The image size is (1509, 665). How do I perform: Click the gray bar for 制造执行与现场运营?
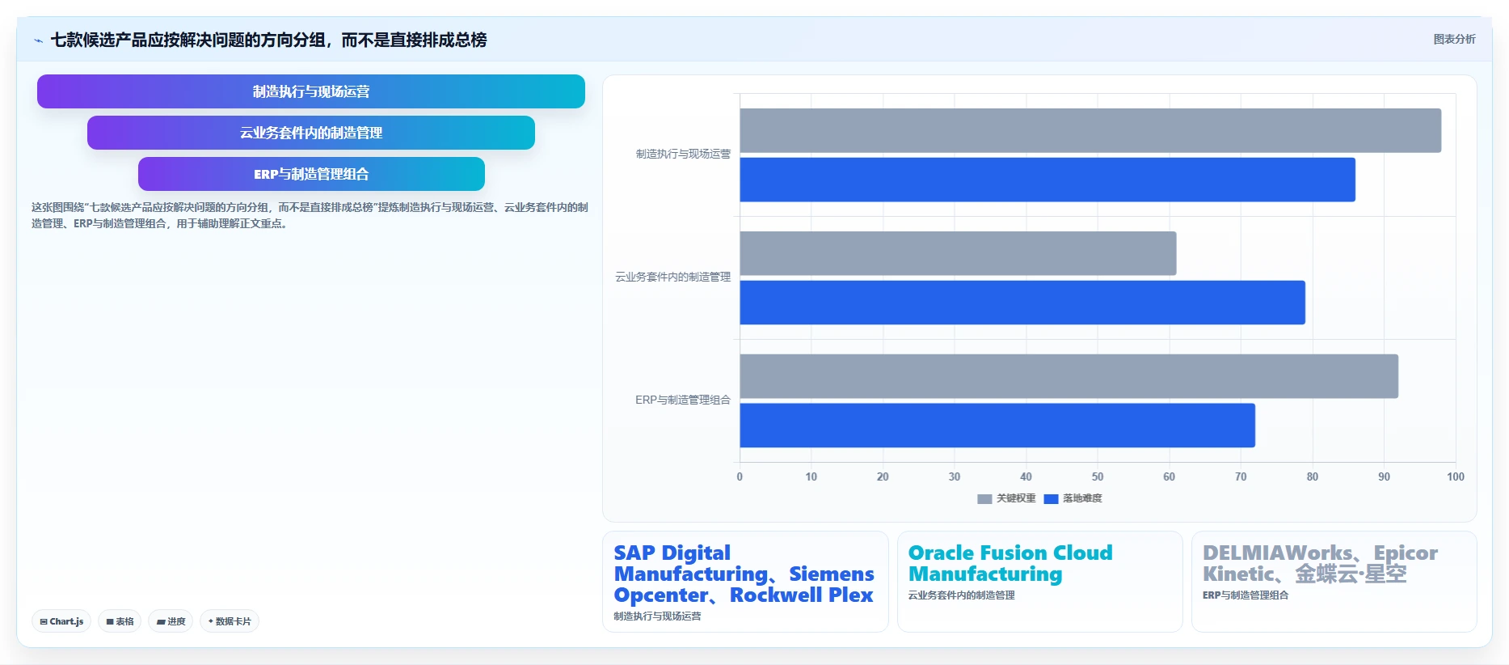[x=1090, y=130]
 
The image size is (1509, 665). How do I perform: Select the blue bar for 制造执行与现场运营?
[x=1047, y=180]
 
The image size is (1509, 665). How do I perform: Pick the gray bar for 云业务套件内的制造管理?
[x=958, y=253]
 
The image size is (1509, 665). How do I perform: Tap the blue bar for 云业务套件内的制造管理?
[x=1022, y=303]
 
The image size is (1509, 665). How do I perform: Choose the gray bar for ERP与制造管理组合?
[x=1069, y=376]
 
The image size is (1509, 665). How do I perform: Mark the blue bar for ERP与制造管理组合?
[x=997, y=426]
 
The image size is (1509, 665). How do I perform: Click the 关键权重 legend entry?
[x=1006, y=498]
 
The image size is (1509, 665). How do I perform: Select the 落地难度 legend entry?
[x=1073, y=498]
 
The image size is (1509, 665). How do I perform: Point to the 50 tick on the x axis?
[x=1098, y=477]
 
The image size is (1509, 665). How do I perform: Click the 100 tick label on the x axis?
[x=1456, y=477]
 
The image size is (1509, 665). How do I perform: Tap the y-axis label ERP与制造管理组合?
[x=683, y=400]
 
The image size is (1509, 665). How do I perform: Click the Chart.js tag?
[x=61, y=621]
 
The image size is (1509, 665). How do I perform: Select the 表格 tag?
[x=120, y=621]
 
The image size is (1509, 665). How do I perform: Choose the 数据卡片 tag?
[x=230, y=621]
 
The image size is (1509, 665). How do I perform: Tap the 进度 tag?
[x=171, y=621]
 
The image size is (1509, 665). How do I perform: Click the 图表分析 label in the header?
[x=1454, y=39]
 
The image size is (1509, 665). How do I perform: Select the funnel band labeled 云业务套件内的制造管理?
[x=311, y=133]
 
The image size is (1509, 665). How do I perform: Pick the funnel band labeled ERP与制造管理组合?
[x=311, y=174]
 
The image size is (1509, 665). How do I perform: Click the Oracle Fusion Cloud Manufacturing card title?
[x=1010, y=563]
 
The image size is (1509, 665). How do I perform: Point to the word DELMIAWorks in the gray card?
[x=1277, y=553]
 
